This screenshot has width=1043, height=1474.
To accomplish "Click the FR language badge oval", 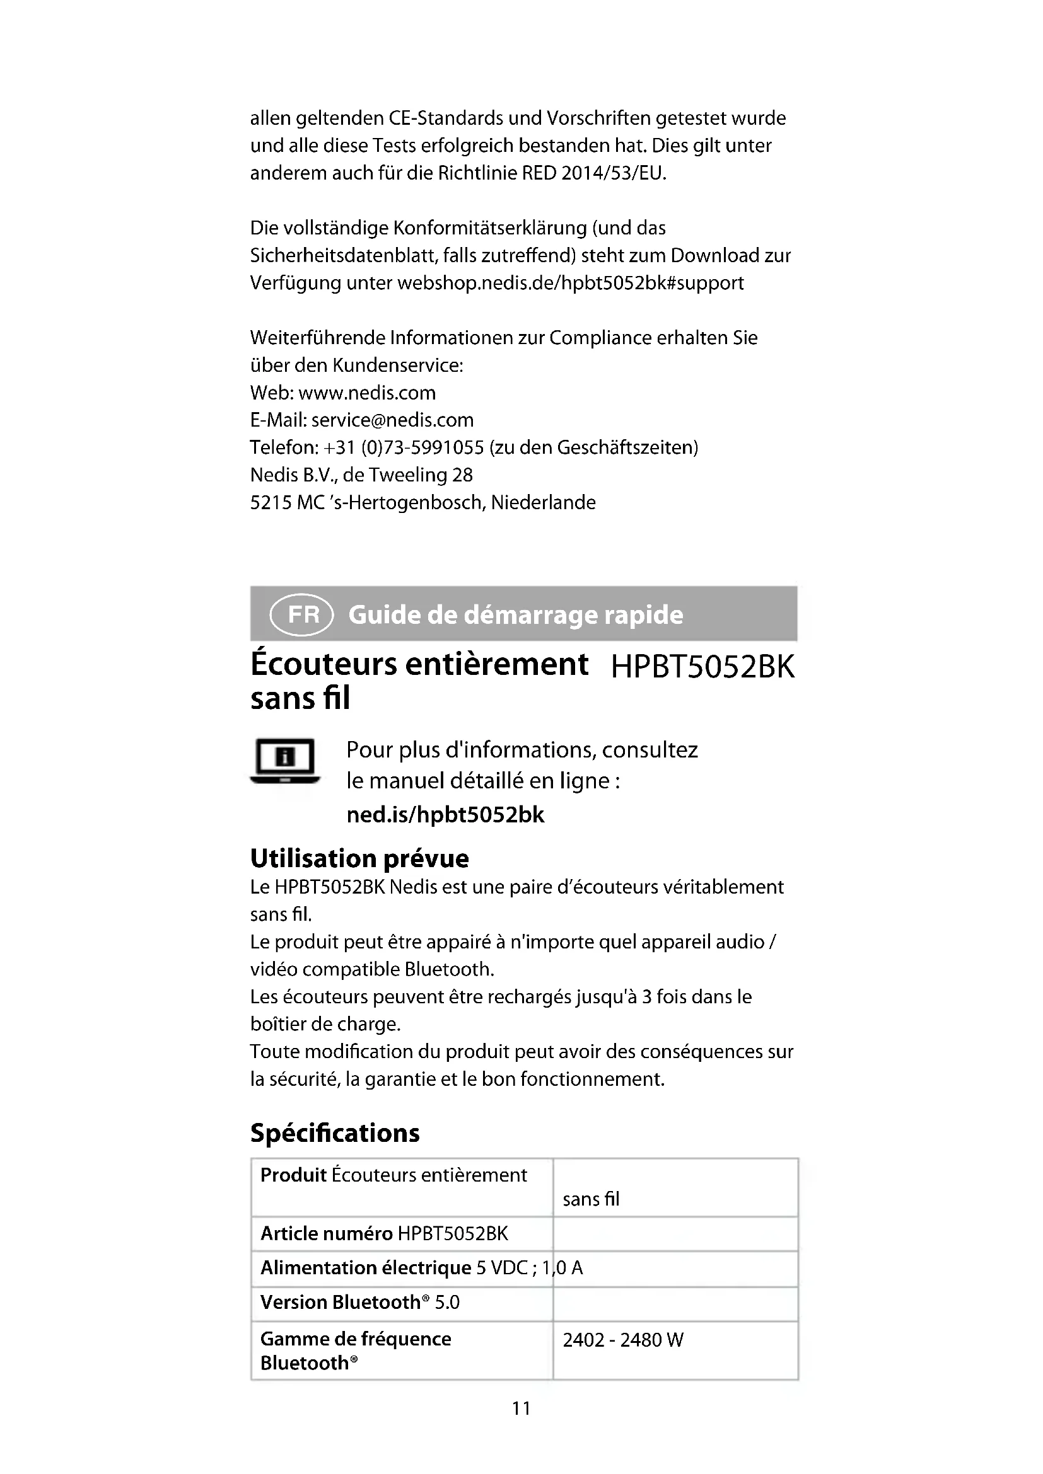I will pos(302,615).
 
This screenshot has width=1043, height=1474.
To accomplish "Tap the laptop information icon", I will pos(285,761).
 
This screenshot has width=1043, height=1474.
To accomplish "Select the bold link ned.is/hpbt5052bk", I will pos(445,815).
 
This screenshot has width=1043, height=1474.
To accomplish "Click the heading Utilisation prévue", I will pos(359,858).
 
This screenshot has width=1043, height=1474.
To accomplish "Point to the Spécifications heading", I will pos(335,1132).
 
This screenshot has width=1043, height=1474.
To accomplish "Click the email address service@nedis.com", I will pos(392,420).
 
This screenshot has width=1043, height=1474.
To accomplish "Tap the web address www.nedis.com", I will pos(368,392).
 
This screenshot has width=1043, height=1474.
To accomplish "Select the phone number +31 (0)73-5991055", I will pos(404,447).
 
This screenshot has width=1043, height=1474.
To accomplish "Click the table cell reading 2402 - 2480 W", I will pos(623,1340).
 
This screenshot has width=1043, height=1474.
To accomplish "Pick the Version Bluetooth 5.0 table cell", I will pos(359,1302).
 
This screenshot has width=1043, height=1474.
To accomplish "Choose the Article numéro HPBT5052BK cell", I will pos(384,1233).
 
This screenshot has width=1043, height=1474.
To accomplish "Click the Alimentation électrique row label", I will pos(366,1268).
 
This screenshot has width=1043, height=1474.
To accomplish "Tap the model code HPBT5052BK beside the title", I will pos(702,667).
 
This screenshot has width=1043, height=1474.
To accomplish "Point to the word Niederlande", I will pos(544,502).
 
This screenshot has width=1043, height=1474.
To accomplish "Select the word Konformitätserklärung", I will pos(490,228).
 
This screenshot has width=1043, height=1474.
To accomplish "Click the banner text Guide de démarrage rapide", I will pos(516,615).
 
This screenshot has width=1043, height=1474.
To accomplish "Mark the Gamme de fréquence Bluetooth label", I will pos(355,1350).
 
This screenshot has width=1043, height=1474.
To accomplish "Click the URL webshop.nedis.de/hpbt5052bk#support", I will pos(570,283).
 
